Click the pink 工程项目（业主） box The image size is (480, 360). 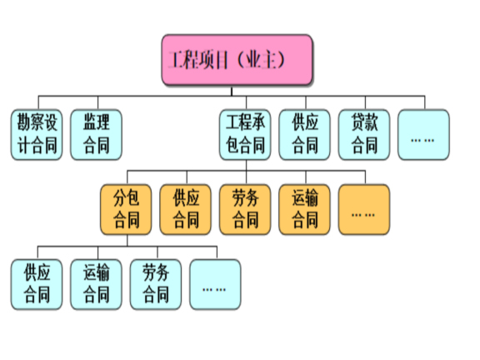coord(237,61)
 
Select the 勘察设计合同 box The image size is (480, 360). coord(37,135)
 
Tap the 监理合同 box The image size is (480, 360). coord(96,135)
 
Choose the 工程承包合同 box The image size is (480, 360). coord(245,135)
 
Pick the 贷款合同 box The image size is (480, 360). coord(364,135)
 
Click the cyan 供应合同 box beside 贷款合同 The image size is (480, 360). coord(305,135)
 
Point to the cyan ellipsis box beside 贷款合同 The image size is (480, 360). coord(423,135)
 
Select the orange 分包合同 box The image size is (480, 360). coord(127,209)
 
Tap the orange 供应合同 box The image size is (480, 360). coord(186,209)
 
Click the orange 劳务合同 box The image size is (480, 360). coord(245,209)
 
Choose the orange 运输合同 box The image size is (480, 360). coord(305,209)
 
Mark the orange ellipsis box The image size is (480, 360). coord(364,209)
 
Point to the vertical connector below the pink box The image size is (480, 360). coord(237,91)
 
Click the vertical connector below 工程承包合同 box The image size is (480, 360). coord(245,167)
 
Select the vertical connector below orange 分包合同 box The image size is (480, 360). coord(127,241)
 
